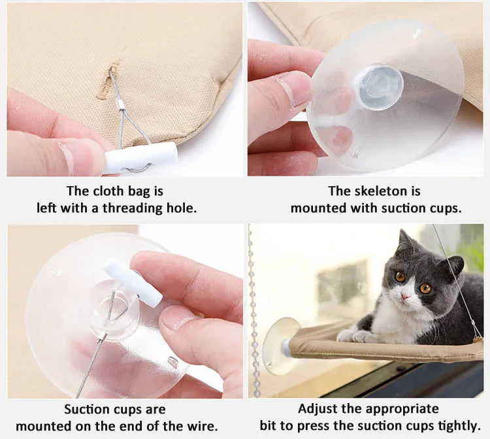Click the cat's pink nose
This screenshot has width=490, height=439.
[404, 295]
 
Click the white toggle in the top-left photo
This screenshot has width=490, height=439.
[140, 157]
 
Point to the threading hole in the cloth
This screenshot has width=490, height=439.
[108, 80]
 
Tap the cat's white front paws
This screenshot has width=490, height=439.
[354, 336]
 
